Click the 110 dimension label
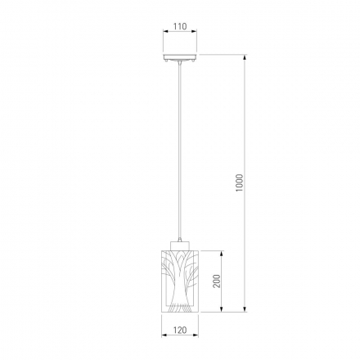pyautogui.click(x=180, y=26)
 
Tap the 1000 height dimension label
pyautogui.click(x=239, y=182)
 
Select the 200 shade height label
pyautogui.click(x=216, y=281)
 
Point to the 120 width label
pyautogui.click(x=180, y=330)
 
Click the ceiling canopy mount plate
pyautogui.click(x=180, y=56)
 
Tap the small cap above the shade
pyautogui.click(x=179, y=245)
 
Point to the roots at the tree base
pyautogui.click(x=179, y=307)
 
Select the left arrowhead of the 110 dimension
pyautogui.click(x=166, y=31)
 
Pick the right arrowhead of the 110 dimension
pyautogui.click(x=194, y=31)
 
